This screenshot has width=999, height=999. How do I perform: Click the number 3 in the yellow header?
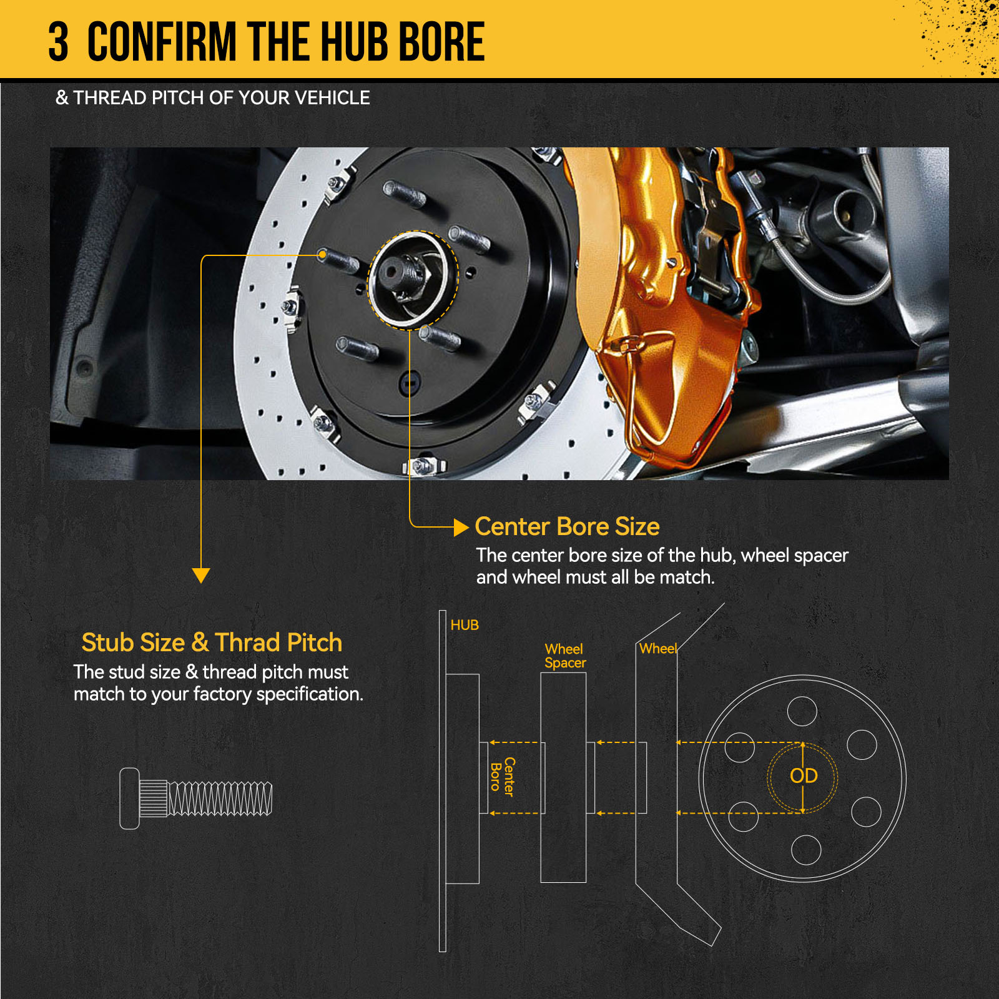tap(58, 42)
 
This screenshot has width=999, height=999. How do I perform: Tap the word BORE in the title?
tap(441, 42)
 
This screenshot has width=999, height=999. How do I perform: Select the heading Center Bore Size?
tap(567, 526)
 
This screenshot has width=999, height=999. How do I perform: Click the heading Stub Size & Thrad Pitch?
tap(212, 642)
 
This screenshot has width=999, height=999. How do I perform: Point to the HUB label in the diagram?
tap(465, 625)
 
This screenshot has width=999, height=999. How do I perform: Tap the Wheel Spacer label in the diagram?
tap(565, 656)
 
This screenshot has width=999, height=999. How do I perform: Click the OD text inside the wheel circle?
tap(804, 776)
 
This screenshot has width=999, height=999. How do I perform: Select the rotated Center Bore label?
tap(503, 777)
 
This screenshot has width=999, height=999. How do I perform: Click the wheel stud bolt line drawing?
tap(196, 799)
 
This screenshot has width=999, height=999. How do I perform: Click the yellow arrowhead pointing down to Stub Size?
tap(201, 575)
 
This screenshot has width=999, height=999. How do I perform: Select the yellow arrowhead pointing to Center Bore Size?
tap(461, 528)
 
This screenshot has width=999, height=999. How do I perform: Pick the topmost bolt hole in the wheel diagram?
tap(802, 711)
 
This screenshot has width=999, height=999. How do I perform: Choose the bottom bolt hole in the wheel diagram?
tap(806, 850)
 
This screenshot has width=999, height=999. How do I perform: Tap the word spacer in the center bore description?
tap(821, 556)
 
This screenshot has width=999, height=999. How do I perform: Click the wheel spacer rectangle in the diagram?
tap(563, 777)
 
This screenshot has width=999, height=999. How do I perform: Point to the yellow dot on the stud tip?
tap(322, 255)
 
